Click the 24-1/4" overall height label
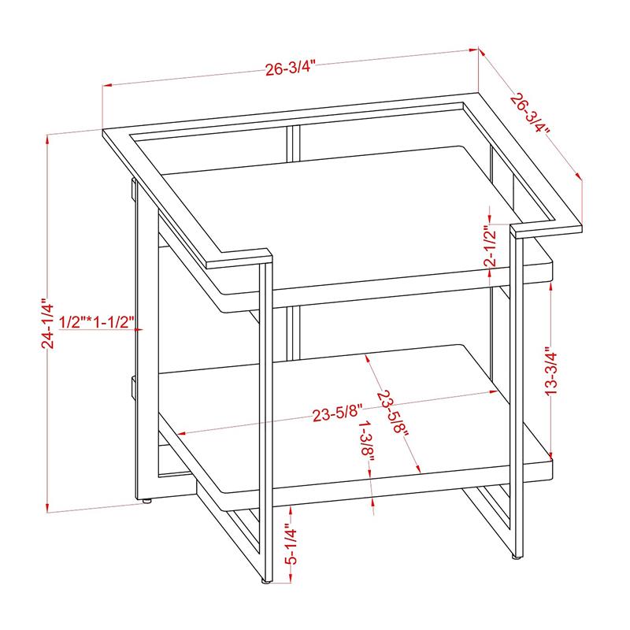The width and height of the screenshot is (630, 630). (x=47, y=323)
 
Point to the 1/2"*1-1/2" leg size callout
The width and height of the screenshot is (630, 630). (x=96, y=322)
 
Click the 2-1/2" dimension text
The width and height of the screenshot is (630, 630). (x=490, y=246)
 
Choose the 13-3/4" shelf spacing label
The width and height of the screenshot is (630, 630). (x=552, y=371)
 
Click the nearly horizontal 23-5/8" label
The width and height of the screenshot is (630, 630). (x=338, y=413)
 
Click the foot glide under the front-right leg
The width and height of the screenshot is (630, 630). (x=516, y=557)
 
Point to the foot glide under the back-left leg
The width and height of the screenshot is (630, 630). (x=147, y=502)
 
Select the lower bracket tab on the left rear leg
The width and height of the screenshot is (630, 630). (x=132, y=387)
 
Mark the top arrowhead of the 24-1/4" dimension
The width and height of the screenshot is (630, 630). (x=48, y=140)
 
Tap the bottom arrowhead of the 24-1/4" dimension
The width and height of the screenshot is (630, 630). (x=48, y=508)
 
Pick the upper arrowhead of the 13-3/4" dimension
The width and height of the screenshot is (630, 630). (x=550, y=284)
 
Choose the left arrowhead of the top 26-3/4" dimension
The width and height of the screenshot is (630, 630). (x=107, y=85)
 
